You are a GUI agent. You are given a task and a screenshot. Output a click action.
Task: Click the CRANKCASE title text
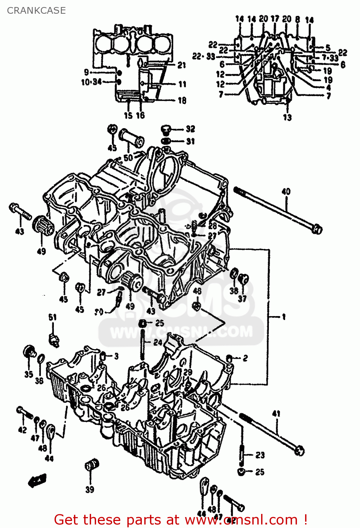pos(36,11)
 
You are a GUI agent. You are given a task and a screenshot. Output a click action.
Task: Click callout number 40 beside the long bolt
pos(286,191)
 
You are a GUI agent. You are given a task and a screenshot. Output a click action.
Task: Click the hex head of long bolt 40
pos(317,230)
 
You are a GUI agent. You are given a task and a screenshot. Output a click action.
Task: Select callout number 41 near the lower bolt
pos(276,413)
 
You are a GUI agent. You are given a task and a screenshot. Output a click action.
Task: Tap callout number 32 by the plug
pos(190,129)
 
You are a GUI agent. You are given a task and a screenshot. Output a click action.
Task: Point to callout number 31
pos(190,141)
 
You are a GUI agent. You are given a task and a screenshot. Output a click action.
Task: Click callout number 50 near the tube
pos(128,157)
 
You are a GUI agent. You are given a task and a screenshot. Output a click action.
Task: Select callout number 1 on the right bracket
pos(284,317)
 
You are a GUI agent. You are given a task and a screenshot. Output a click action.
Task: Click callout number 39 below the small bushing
pos(90,489)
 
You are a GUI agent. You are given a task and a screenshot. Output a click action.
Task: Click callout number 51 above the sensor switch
pos(52,317)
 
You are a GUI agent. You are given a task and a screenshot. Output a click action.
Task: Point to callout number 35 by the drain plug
pos(29,374)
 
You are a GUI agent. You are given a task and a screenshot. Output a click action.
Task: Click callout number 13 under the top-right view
pos(288,118)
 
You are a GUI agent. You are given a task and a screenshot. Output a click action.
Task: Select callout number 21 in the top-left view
pos(182,65)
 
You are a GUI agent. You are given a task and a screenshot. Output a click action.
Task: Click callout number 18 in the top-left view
pos(182,100)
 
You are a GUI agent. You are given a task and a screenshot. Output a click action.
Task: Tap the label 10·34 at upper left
pos(91,82)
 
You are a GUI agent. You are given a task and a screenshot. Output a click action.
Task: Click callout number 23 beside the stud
pos(260,455)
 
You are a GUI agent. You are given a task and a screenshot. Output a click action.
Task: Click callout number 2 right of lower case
pos(245,358)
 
